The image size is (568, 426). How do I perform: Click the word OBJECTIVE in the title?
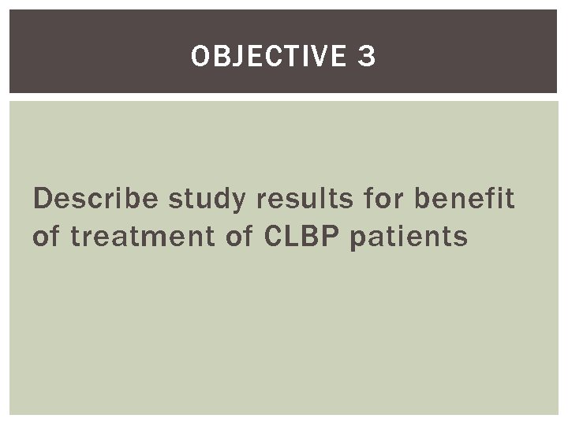[267, 56]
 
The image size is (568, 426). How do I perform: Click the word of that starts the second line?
[46, 235]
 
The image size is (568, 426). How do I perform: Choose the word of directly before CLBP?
[235, 235]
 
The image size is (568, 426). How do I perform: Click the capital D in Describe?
[42, 200]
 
